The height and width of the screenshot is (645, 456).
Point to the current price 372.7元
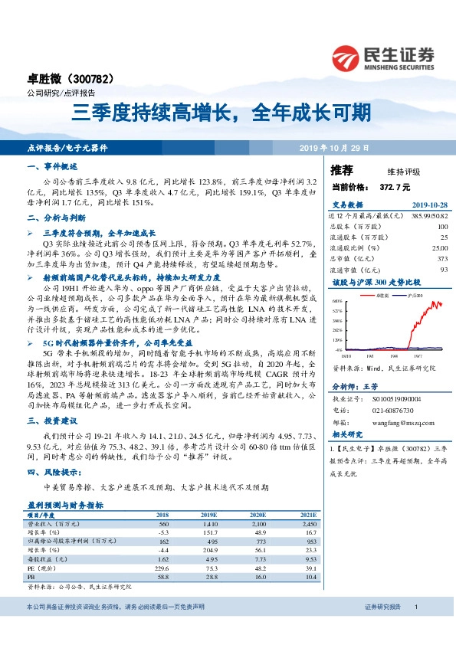(x=395, y=186)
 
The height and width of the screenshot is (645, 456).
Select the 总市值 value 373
(x=441, y=259)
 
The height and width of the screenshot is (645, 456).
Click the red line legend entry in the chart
(x=380, y=294)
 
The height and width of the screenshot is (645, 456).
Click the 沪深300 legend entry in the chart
(x=414, y=294)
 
